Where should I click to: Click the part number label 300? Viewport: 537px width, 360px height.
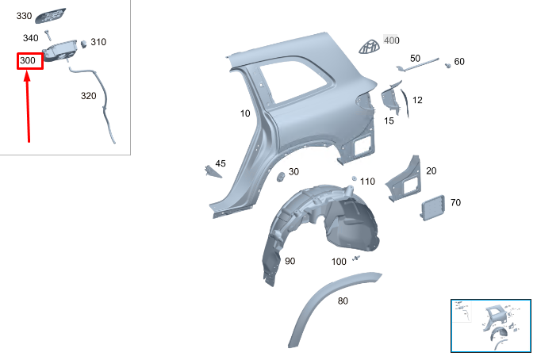coord(28,61)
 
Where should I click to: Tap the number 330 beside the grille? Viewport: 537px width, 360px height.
coord(24,16)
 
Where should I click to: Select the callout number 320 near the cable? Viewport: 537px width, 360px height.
coord(88,96)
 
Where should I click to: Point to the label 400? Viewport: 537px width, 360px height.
coord(392,40)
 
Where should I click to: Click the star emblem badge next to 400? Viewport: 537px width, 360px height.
coord(369,47)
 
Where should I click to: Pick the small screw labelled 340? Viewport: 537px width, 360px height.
coord(48,35)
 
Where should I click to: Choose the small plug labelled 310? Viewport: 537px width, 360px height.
coord(83,44)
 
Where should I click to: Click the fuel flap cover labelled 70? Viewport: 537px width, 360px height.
coord(433,207)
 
